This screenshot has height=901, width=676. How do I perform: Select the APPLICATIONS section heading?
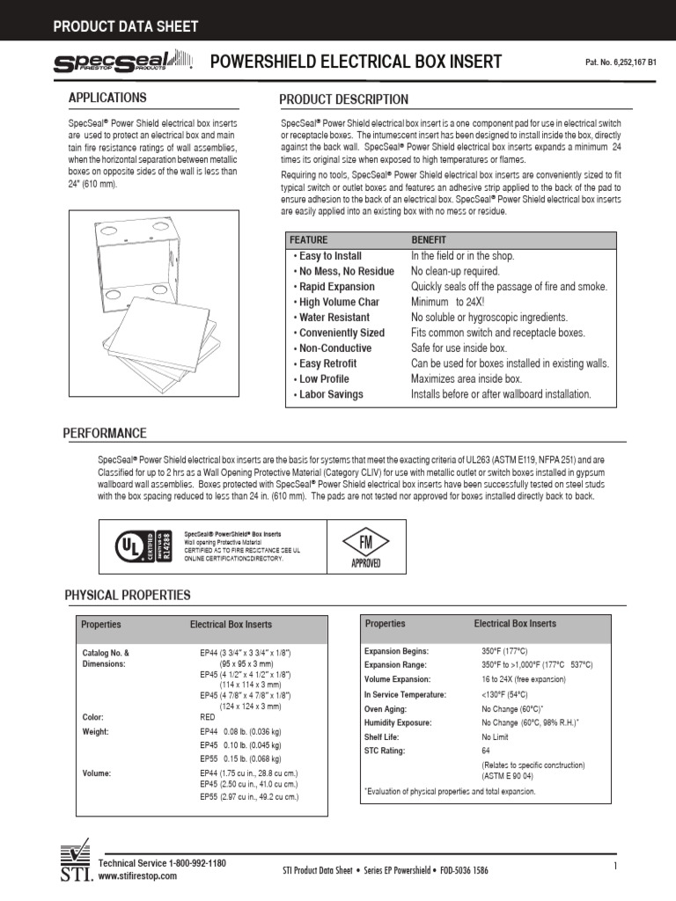click(107, 98)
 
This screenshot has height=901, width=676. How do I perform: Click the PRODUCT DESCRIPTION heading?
click(343, 99)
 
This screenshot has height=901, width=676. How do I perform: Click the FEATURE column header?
click(308, 239)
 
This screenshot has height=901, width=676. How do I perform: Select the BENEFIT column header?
click(429, 239)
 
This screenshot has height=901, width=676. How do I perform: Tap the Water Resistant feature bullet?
click(334, 318)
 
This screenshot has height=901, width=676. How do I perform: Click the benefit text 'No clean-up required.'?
click(455, 271)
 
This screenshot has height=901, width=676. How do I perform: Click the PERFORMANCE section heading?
click(105, 434)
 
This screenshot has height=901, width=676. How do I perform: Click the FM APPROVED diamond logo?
click(365, 545)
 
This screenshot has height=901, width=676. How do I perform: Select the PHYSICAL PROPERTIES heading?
click(128, 596)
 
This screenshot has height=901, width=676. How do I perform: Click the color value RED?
click(208, 717)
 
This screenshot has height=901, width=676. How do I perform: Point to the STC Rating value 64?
click(486, 751)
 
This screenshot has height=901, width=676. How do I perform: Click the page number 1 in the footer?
click(615, 867)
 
